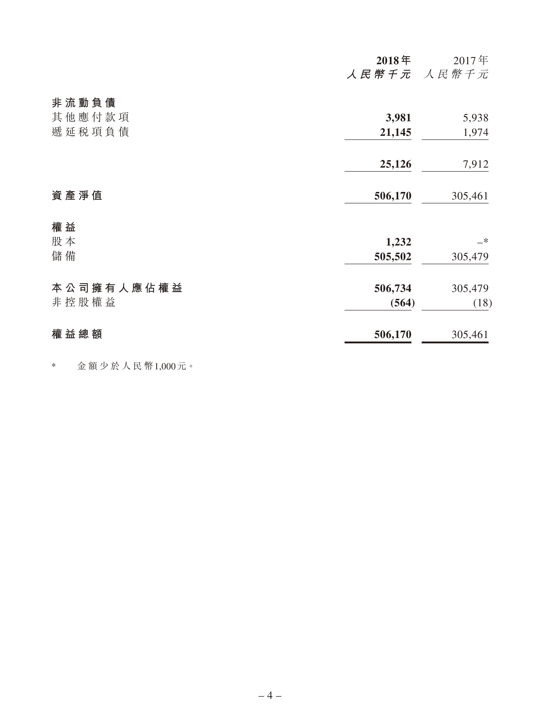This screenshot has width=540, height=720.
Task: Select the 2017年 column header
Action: pos(471,61)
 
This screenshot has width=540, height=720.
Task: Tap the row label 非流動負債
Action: pos(84,103)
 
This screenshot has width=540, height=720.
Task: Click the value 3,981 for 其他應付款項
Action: pos(398,118)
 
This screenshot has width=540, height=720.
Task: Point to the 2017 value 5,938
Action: pos(476,118)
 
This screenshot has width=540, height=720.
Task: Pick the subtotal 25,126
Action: pos(395,164)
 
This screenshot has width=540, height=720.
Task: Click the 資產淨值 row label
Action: pos(77,196)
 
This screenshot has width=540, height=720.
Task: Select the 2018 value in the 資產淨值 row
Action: pos(393,196)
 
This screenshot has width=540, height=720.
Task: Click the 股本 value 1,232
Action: pos(398,242)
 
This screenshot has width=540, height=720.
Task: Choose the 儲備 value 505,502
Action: pos(393,256)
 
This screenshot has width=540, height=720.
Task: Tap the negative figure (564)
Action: pos(402,303)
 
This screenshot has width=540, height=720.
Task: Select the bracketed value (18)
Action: pos(482,303)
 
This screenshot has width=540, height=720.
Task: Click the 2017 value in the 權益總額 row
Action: pos(470,335)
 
